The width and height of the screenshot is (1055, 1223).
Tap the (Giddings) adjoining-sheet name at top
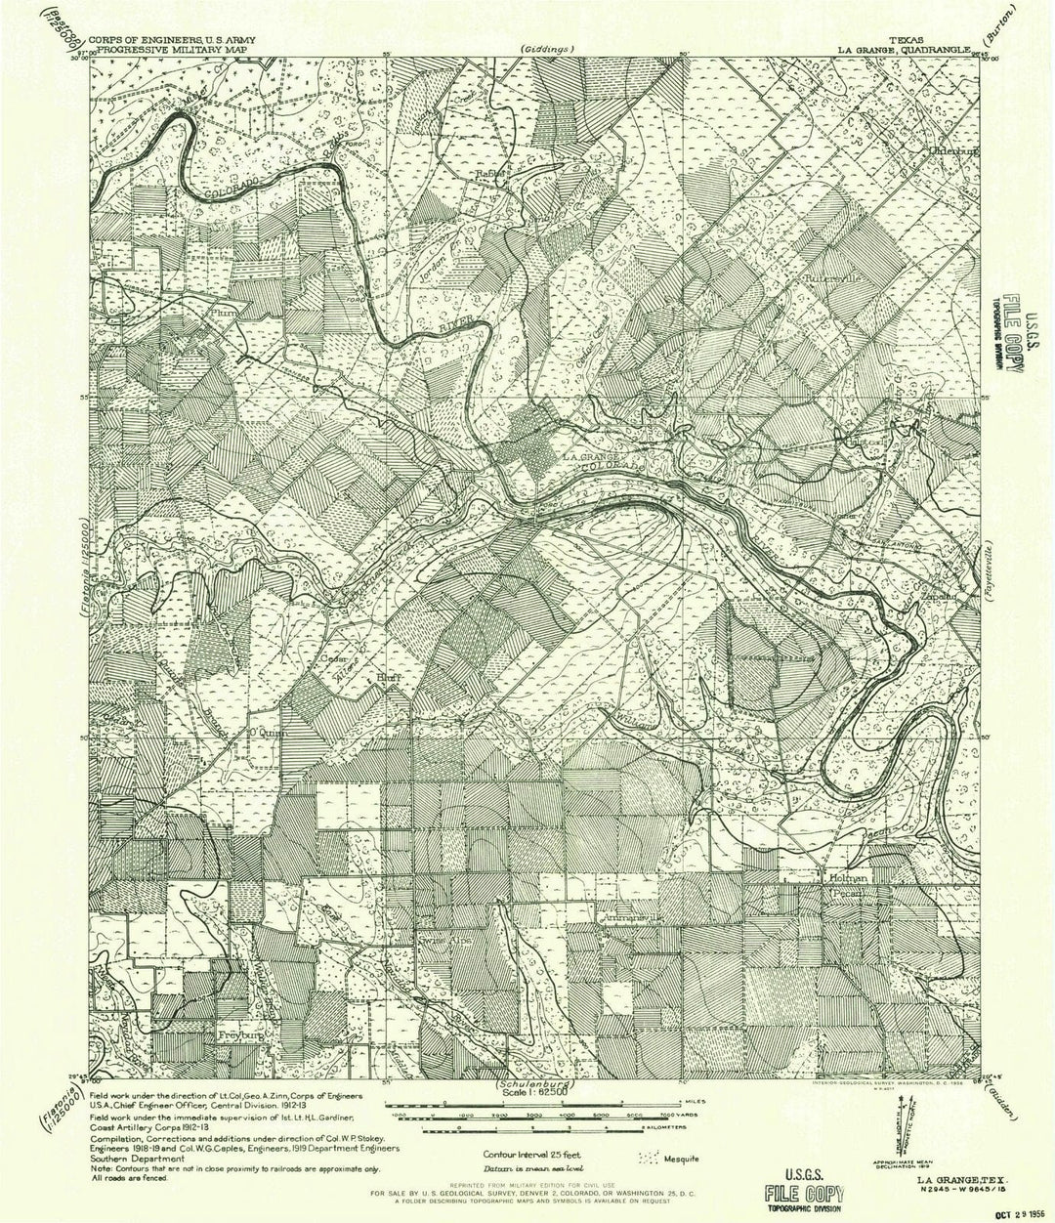pos(548,48)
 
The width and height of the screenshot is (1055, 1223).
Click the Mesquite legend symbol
pos(651,1159)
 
